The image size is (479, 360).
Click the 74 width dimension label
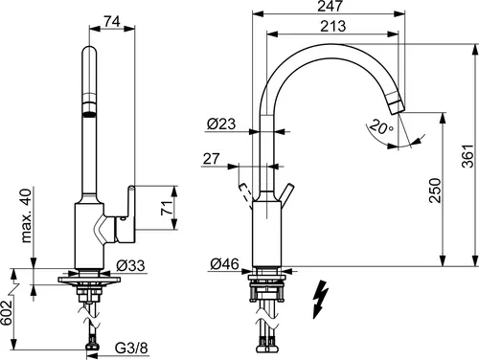[112, 22]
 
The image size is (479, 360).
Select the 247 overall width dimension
[331, 6]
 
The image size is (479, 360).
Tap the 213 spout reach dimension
[333, 26]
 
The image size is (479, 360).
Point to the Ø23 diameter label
[221, 124]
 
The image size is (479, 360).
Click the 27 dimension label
[211, 159]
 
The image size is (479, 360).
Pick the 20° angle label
[381, 127]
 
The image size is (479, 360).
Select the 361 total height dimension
[468, 156]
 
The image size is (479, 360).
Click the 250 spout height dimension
[435, 191]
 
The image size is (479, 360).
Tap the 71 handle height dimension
[167, 208]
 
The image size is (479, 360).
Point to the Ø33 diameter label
[130, 265]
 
